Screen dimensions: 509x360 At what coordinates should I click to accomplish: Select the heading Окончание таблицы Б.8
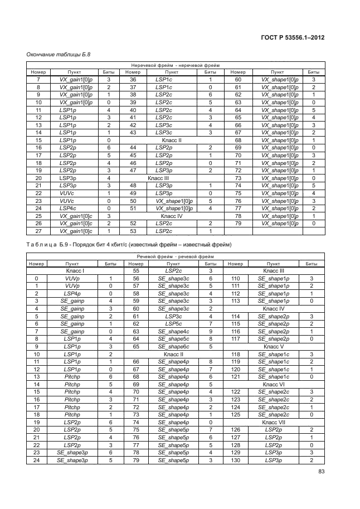point(59,55)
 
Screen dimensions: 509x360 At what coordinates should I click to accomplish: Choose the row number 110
point(235,278)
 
